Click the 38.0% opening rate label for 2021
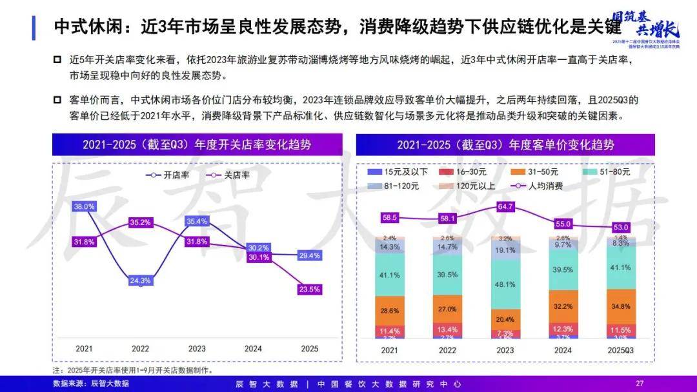[x=85, y=207]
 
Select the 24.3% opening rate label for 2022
[x=141, y=280]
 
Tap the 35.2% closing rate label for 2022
[x=141, y=222]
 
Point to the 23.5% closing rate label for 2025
[x=310, y=289]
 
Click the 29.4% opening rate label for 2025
[x=310, y=256]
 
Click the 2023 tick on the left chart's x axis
[x=197, y=348]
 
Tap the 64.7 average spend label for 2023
[x=506, y=206]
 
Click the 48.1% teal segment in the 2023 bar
[x=506, y=284]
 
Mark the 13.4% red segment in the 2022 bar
[x=449, y=330]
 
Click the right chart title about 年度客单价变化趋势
[x=505, y=144]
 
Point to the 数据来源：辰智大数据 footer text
[x=91, y=383]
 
